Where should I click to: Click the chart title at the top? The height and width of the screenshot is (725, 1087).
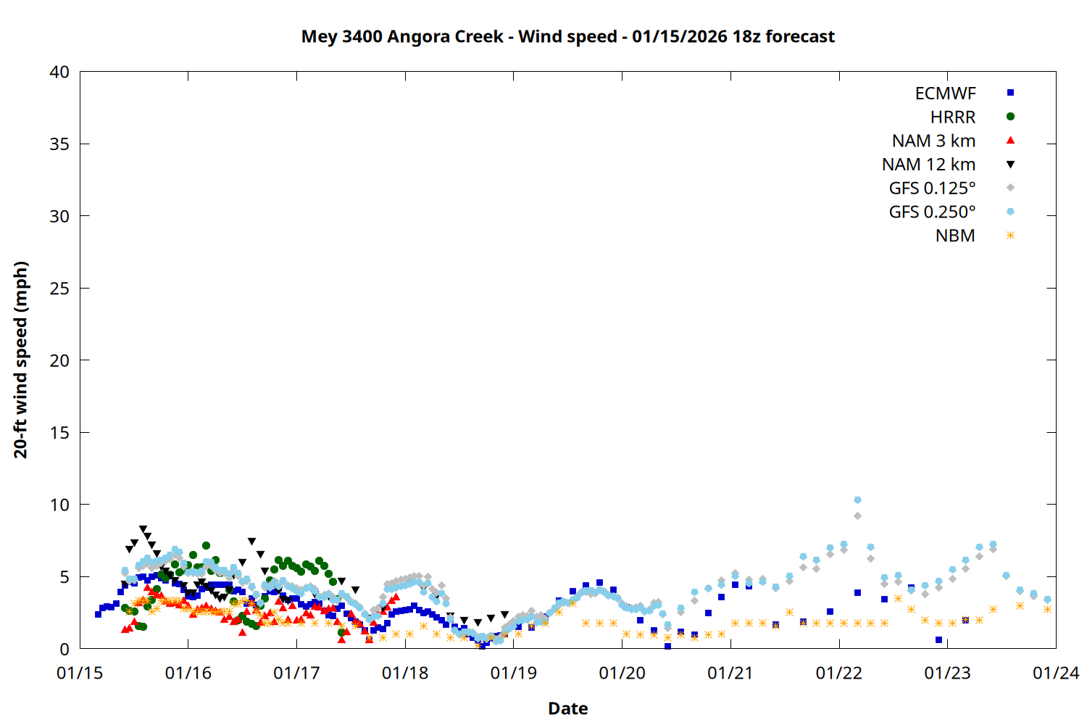(x=567, y=36)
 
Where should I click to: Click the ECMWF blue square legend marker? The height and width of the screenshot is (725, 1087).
(x=1010, y=93)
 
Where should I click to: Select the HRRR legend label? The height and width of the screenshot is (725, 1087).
(x=952, y=117)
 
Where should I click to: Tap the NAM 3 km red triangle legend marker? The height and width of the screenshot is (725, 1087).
(x=1010, y=140)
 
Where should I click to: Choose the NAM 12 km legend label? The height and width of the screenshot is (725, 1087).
(x=928, y=165)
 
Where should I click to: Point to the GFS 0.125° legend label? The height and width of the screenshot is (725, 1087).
(x=932, y=188)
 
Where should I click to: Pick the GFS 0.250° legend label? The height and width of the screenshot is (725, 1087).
(x=932, y=212)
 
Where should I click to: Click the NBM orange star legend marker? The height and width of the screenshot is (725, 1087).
(x=1010, y=236)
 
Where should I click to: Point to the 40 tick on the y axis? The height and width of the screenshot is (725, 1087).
(x=59, y=72)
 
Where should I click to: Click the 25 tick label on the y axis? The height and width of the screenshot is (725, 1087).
(x=59, y=289)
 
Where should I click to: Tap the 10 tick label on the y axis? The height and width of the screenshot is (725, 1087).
(x=59, y=505)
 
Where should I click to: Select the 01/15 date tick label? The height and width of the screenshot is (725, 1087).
(x=80, y=673)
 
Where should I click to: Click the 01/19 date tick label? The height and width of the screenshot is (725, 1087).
(x=514, y=673)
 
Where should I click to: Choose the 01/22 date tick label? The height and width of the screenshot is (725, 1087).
(x=838, y=673)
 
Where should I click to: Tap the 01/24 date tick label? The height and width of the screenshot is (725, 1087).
(x=1055, y=673)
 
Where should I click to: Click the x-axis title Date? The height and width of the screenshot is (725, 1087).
(x=567, y=708)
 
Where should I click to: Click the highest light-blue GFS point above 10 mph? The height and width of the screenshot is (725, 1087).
(x=857, y=500)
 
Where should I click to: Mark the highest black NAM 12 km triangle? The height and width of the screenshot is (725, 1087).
(x=143, y=529)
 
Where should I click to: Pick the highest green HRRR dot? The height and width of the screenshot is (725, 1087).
(x=206, y=545)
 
